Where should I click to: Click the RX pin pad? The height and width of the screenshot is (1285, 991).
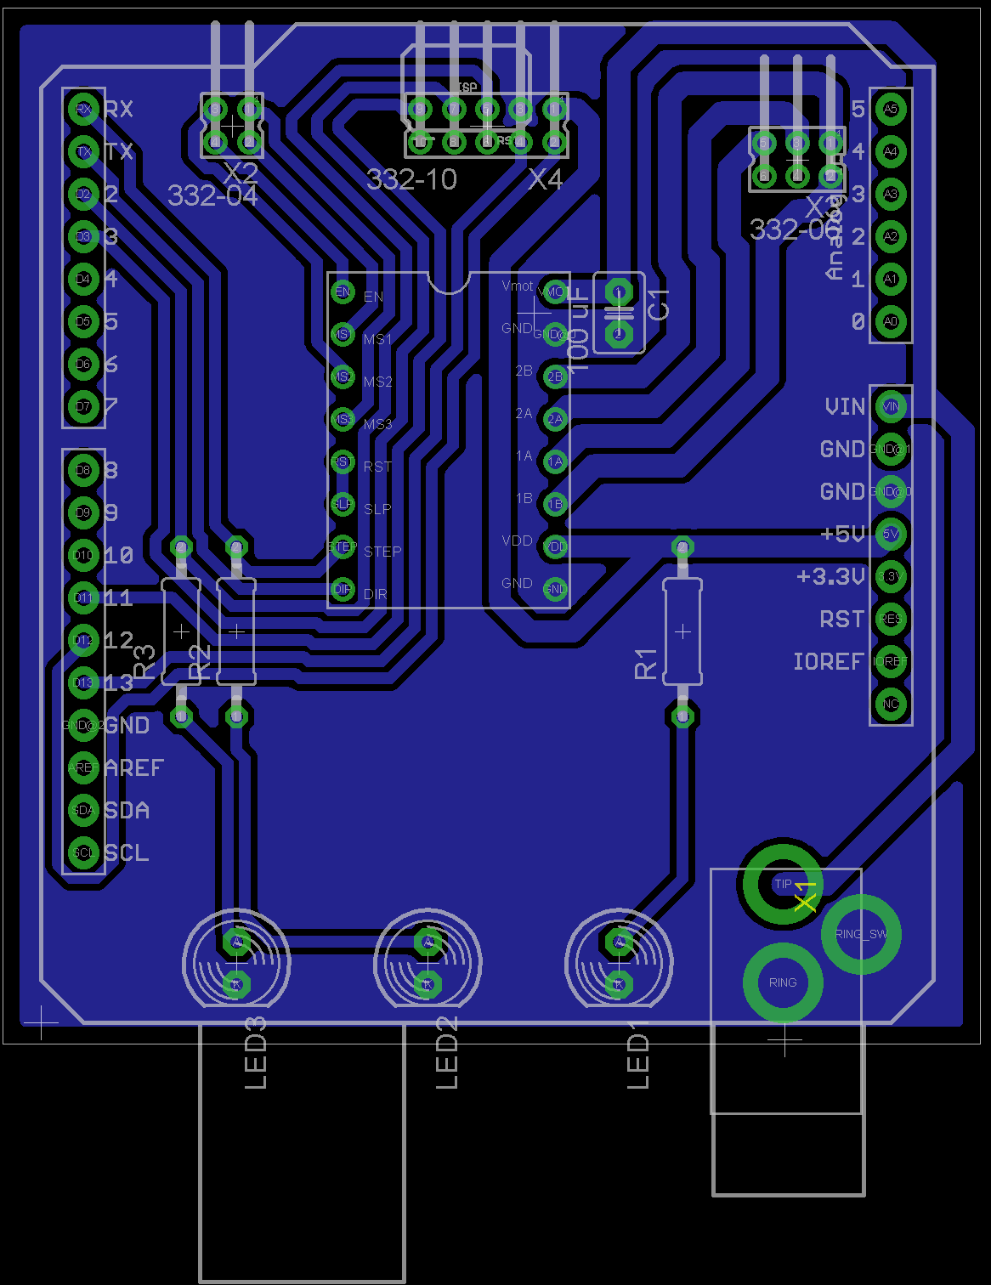click(83, 109)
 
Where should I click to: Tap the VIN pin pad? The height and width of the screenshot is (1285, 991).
click(890, 406)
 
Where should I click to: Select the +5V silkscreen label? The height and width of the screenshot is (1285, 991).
click(842, 534)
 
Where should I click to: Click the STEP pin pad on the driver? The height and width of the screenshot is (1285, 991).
click(343, 546)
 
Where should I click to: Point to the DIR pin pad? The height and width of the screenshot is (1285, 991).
click(343, 589)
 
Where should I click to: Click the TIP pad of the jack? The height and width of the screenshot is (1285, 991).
click(782, 885)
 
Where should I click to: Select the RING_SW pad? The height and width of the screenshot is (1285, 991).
click(860, 934)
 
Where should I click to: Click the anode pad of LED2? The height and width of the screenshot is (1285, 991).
click(428, 942)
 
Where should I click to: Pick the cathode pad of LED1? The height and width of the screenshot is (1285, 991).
click(619, 984)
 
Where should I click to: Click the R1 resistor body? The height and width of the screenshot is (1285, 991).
click(682, 631)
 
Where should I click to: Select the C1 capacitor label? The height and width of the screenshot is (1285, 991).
click(660, 304)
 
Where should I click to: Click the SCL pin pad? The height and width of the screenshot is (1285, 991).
click(83, 852)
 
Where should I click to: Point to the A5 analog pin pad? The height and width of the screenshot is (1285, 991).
click(890, 109)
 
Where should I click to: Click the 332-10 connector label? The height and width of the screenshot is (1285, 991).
click(411, 179)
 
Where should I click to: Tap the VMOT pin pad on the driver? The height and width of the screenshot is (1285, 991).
click(554, 292)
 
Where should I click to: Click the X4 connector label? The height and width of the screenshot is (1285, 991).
click(545, 179)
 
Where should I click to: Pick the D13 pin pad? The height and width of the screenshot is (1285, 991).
click(83, 682)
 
